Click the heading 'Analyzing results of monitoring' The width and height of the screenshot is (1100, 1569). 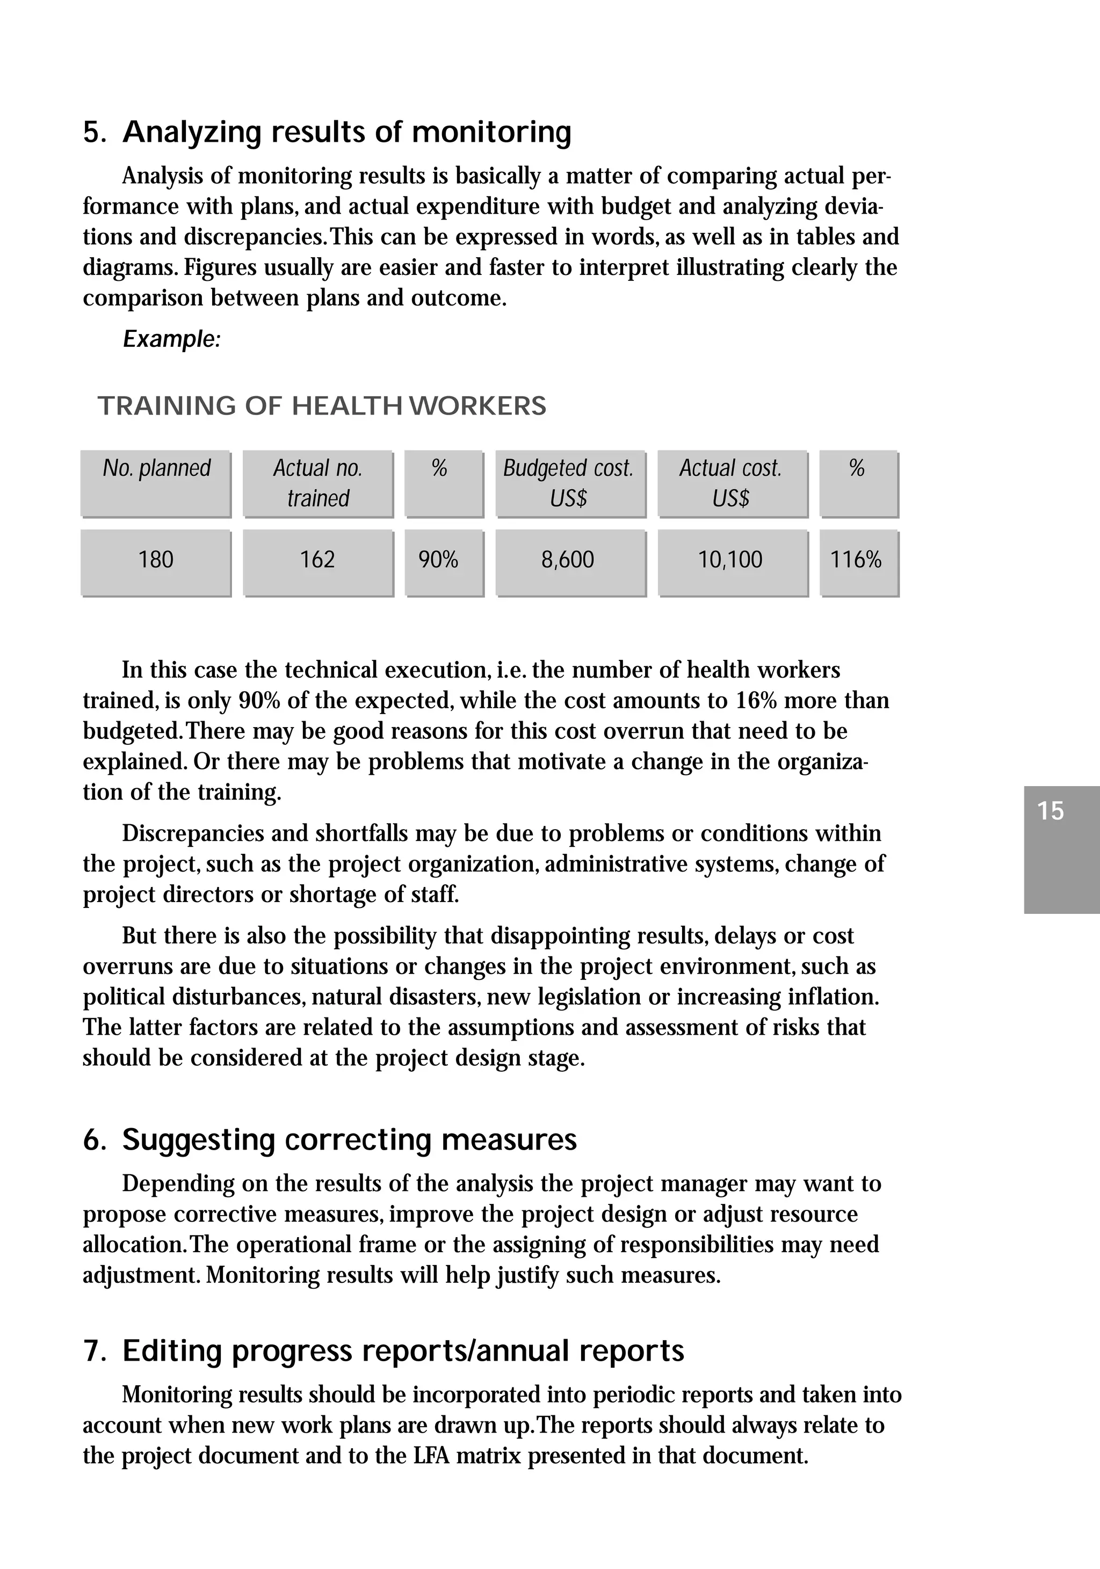pos(346,132)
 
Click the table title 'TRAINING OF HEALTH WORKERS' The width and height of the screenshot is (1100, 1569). pos(322,406)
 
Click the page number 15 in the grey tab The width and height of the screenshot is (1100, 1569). pos(1051,811)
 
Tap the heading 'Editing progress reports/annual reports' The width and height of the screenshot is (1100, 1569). pos(403,1352)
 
